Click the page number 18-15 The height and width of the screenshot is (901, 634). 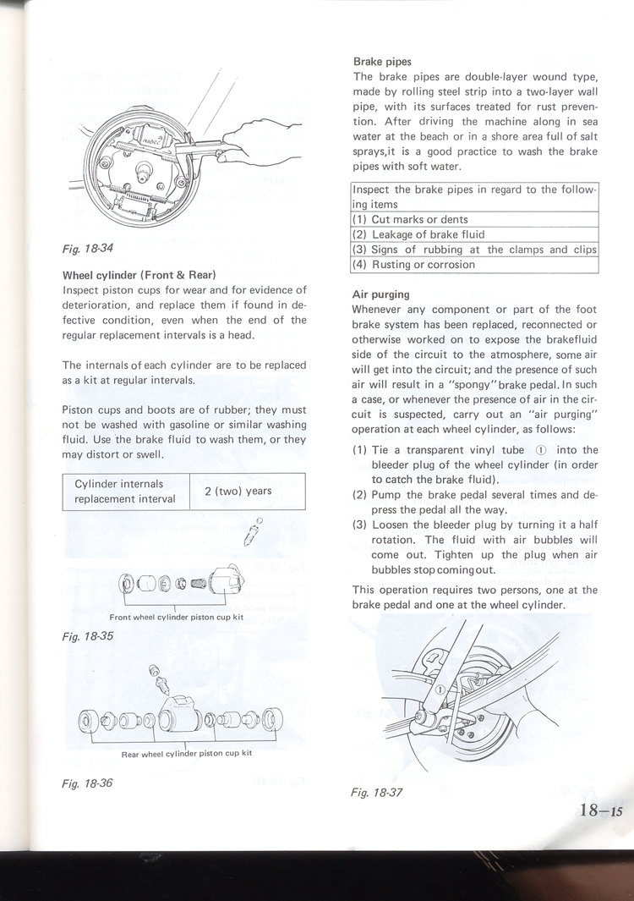601,810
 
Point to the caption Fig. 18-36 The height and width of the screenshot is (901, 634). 87,783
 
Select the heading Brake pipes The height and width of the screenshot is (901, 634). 382,62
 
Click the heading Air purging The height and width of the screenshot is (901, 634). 380,294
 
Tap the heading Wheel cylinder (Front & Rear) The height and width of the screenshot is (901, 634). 139,275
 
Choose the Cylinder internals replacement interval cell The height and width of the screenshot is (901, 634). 125,492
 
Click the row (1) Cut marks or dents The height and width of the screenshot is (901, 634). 410,219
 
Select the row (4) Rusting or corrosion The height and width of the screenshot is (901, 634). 413,265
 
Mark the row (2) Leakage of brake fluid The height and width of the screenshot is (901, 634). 418,234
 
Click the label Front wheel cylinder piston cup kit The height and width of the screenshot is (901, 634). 177,617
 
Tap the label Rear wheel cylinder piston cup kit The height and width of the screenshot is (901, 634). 187,752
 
